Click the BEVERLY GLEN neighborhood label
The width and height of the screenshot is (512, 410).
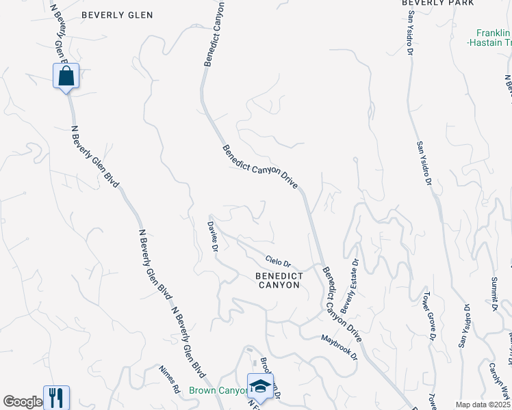(117, 14)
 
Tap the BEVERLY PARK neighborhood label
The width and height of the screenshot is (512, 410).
(437, 3)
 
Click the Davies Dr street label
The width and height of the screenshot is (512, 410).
(214, 235)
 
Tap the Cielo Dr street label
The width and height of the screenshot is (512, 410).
(279, 260)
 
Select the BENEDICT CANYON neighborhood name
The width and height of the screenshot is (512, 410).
(278, 280)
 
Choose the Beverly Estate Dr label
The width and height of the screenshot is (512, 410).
(349, 286)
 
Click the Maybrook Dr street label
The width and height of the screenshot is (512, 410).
(340, 347)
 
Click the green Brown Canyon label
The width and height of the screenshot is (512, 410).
(218, 391)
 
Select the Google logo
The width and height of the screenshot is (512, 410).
(23, 402)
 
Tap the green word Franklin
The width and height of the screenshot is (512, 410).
(494, 32)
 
